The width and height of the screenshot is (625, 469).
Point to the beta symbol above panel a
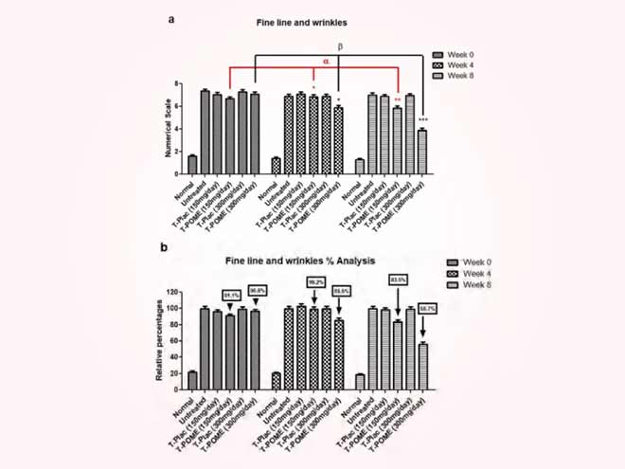coord(340,45)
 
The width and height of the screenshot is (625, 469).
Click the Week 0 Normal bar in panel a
coord(192,163)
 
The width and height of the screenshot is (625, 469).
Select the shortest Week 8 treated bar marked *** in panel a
coord(421,152)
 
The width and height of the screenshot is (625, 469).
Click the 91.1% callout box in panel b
coord(229,294)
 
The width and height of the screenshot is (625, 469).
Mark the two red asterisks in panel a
coord(398,99)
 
